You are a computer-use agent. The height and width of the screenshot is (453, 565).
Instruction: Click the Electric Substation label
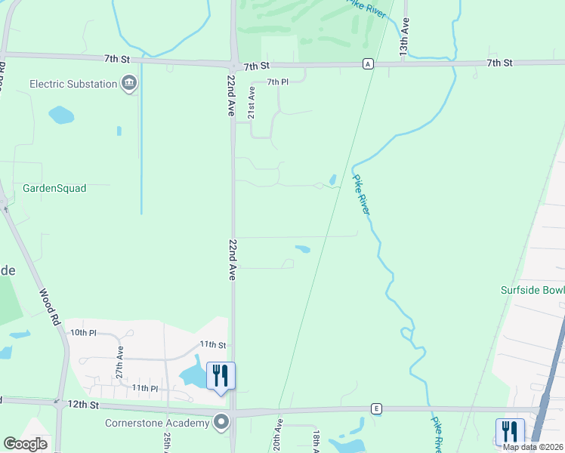pyautogui.click(x=73, y=84)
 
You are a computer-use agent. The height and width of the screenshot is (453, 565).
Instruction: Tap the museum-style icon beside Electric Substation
pyautogui.click(x=129, y=82)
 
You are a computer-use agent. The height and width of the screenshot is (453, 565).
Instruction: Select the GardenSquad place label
pyautogui.click(x=54, y=188)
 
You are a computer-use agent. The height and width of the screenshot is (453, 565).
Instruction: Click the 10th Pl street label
pyautogui.click(x=83, y=332)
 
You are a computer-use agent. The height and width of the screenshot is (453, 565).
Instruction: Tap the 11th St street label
pyautogui.click(x=212, y=344)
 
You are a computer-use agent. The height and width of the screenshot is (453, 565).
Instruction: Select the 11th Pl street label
pyautogui.click(x=144, y=388)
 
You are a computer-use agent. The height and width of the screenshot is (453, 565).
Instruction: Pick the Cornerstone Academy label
pyautogui.click(x=157, y=423)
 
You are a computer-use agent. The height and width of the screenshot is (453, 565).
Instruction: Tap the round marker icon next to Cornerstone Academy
pyautogui.click(x=221, y=421)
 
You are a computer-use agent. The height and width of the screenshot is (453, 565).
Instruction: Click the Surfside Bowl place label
pyautogui.click(x=533, y=290)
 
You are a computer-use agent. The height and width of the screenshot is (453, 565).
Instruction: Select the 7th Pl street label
pyautogui.click(x=278, y=82)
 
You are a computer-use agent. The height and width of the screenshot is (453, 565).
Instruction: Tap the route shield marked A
pyautogui.click(x=368, y=63)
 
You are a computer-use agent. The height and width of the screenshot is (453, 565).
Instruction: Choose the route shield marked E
pyautogui.click(x=376, y=408)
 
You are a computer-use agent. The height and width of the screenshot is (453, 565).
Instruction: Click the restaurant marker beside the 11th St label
pyautogui.click(x=221, y=375)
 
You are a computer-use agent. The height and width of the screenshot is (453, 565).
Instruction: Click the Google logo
pyautogui.click(x=25, y=444)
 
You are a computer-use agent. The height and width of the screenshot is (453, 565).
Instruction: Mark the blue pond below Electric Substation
pyautogui.click(x=61, y=115)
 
